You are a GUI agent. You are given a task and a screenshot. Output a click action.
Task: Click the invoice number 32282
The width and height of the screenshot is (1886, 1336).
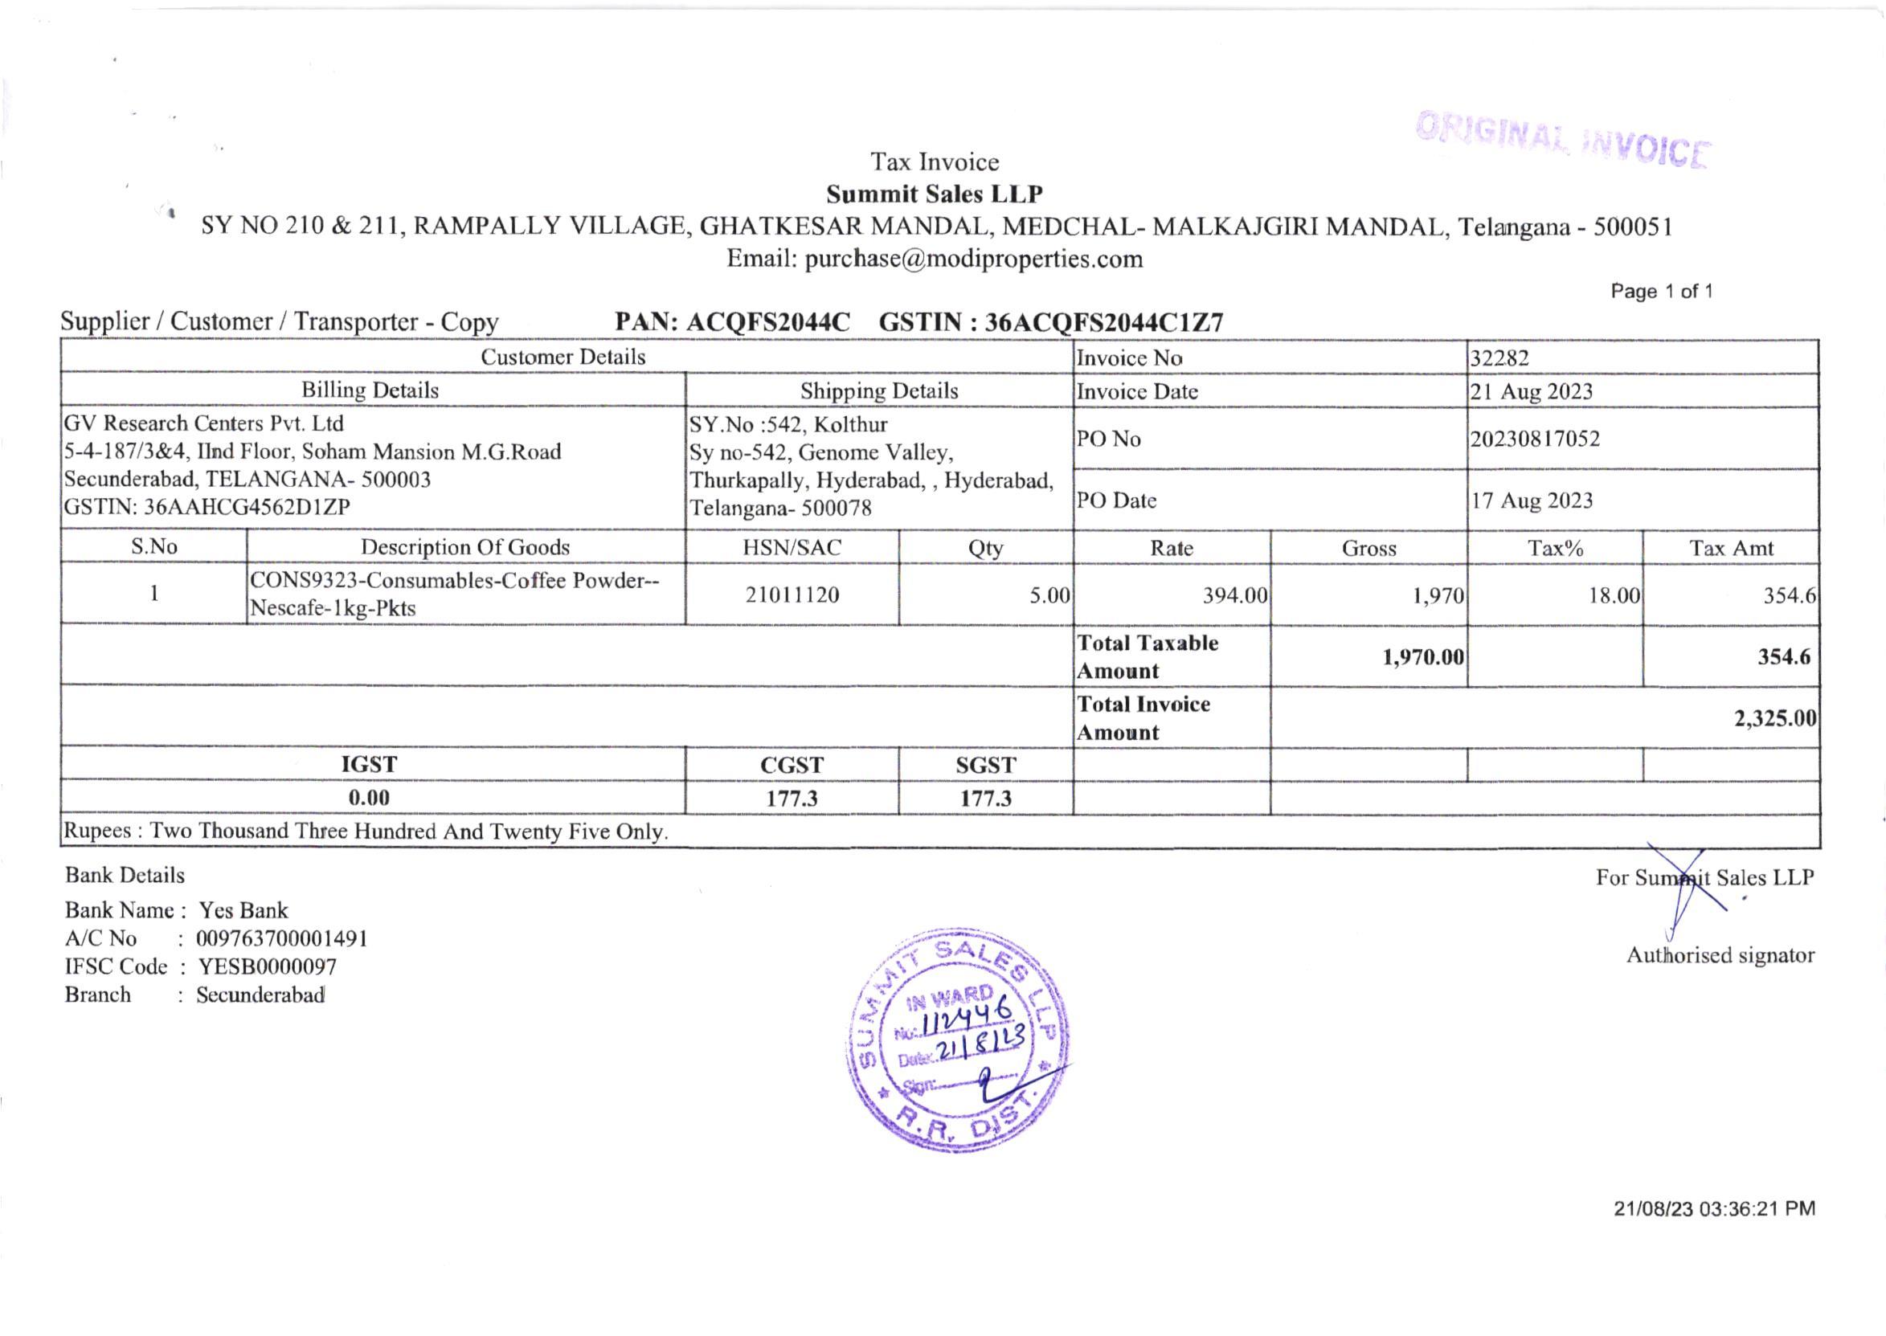[x=1499, y=357]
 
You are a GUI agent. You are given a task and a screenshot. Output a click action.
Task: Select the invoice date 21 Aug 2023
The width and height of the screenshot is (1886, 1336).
[x=1532, y=391]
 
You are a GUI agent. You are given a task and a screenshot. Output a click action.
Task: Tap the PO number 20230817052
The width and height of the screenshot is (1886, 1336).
[x=1535, y=439]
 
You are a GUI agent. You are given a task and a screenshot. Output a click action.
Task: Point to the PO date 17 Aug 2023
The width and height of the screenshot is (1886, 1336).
[x=1532, y=500]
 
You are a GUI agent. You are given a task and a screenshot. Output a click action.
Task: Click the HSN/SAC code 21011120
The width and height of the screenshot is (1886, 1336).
[x=792, y=594]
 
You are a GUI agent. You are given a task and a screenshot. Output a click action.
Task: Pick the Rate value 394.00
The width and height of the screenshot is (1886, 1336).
[x=1234, y=594]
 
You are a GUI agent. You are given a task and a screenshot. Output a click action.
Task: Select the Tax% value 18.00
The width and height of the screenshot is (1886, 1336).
[x=1614, y=594]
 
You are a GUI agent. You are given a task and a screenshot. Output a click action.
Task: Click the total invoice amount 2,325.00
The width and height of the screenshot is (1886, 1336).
[x=1775, y=718]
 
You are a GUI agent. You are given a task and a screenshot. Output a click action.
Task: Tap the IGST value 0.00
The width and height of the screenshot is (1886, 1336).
[x=369, y=797]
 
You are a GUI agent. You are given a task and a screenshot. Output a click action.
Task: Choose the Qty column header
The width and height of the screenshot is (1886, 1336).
[x=985, y=548]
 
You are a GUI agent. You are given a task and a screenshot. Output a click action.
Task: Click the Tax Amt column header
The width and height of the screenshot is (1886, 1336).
[x=1731, y=548]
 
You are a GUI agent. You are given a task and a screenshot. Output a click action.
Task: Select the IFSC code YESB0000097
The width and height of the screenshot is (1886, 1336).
[x=268, y=966]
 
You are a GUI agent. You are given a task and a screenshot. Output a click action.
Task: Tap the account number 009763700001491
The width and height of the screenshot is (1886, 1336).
[x=281, y=938]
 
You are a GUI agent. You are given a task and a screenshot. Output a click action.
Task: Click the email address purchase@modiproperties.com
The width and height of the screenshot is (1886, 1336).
[x=973, y=259]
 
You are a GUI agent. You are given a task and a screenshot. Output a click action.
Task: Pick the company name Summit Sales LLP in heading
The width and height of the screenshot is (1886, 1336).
[x=934, y=194]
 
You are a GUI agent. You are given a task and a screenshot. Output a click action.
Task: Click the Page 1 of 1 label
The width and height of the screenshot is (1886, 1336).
[x=1661, y=292]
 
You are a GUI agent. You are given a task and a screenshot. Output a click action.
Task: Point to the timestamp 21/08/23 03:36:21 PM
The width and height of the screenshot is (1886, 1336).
[x=1714, y=1208]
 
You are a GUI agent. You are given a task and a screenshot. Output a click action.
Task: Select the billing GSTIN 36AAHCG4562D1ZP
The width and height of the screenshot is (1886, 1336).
[x=247, y=507]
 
